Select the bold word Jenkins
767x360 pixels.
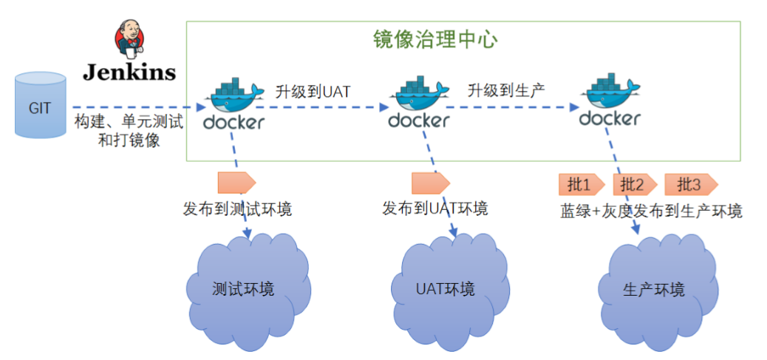click(129, 72)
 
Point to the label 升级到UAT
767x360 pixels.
click(313, 92)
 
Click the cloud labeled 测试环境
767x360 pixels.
click(243, 288)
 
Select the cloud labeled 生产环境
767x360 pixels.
click(654, 288)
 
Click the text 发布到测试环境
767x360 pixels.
click(237, 209)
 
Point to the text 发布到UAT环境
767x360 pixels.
click(435, 209)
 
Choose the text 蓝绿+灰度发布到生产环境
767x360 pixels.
click(651, 211)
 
